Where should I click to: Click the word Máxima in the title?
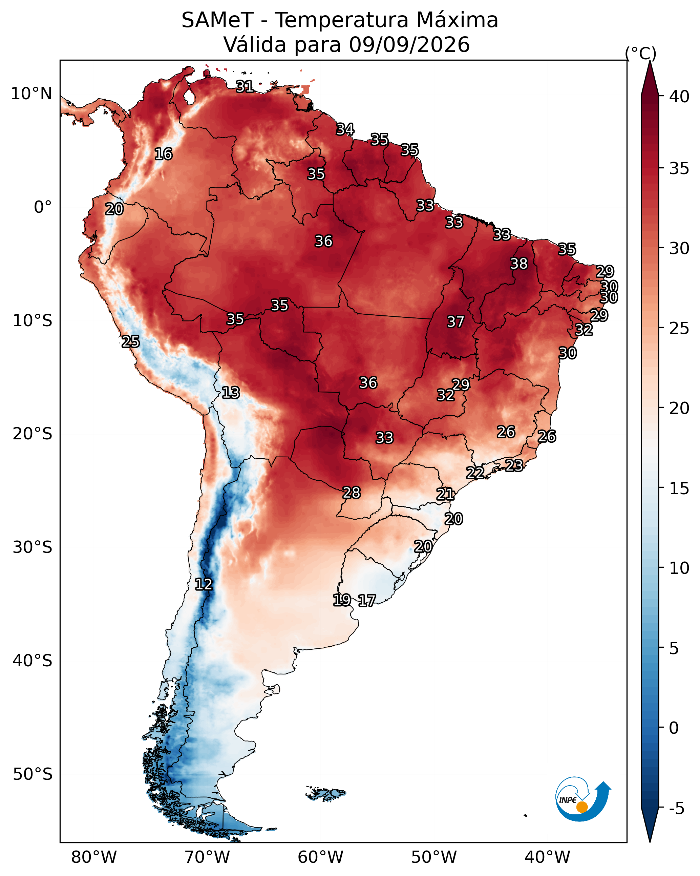tap(457, 20)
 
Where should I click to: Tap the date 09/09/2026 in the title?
tap(409, 45)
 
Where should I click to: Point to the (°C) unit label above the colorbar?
tap(641, 53)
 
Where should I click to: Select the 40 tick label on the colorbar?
tap(679, 97)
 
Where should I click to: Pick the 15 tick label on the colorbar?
tap(679, 488)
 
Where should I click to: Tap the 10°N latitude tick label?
tap(31, 94)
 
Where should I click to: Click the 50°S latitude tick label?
tap(33, 774)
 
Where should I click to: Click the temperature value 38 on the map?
tap(519, 264)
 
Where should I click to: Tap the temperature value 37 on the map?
tap(455, 322)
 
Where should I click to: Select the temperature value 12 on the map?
tap(204, 584)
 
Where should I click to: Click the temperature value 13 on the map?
tap(231, 393)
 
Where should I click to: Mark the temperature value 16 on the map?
tap(163, 154)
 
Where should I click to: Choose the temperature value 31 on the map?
tap(245, 86)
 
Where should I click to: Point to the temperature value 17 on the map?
tap(367, 601)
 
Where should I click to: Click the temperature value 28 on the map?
tap(352, 493)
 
